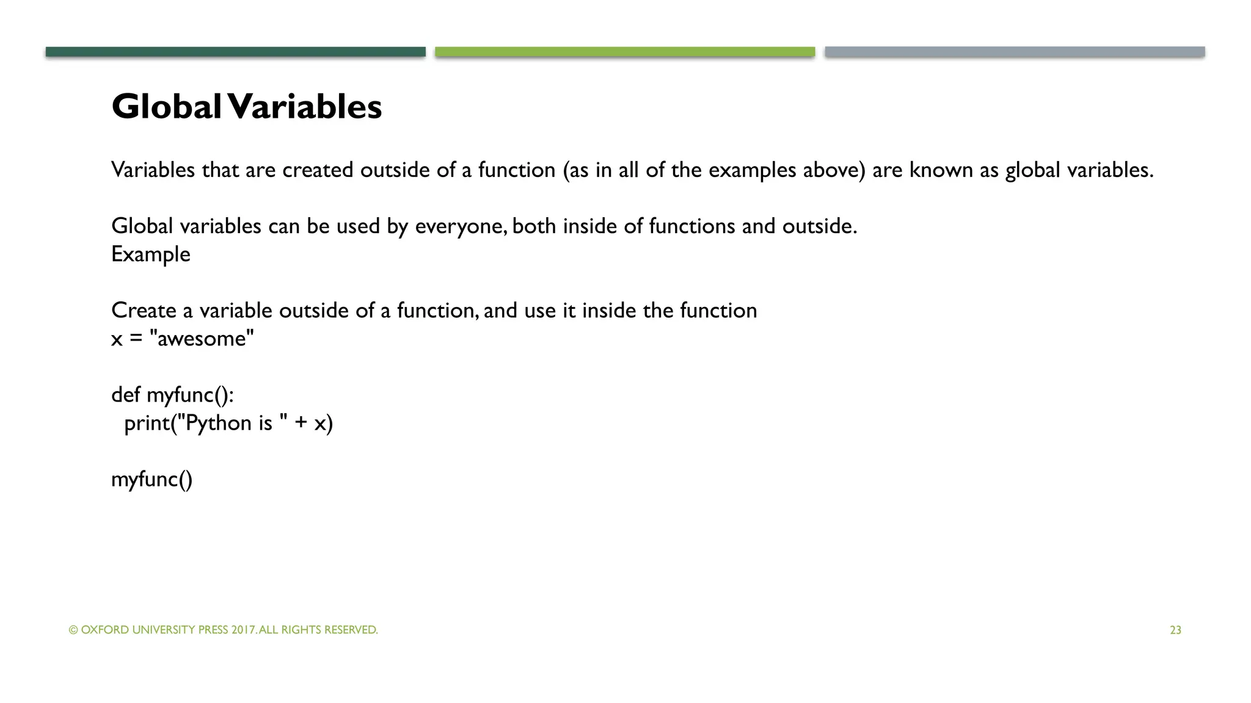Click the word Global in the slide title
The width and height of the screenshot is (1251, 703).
[x=166, y=107]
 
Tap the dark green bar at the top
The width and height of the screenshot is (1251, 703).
[x=235, y=52]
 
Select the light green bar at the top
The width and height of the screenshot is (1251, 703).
[x=625, y=52]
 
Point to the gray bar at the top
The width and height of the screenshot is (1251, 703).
[x=1015, y=52]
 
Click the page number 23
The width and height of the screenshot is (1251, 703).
[x=1175, y=630]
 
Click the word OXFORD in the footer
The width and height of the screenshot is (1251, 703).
[x=105, y=630]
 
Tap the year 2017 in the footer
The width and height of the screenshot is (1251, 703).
[x=244, y=630]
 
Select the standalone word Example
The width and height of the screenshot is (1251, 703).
[x=151, y=254]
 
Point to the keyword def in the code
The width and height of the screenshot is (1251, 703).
[x=126, y=395]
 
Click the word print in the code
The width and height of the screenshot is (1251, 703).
[x=147, y=423]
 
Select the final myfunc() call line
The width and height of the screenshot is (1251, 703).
[x=151, y=479]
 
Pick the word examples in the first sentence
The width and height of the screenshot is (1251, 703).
[x=752, y=170]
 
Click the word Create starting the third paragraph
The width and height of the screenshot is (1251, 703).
[x=144, y=311]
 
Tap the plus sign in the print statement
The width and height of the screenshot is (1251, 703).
[x=301, y=423]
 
